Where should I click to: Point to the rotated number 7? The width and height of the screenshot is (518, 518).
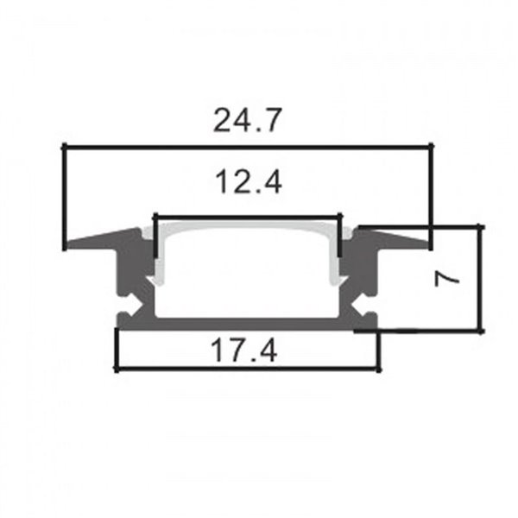pyautogui.click(x=445, y=279)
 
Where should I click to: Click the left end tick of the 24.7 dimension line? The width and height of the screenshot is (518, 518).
pyautogui.click(x=64, y=197)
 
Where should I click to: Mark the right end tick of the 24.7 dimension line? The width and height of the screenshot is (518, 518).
pyautogui.click(x=429, y=197)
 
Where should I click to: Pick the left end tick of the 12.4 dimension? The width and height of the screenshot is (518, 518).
pyautogui.click(x=154, y=234)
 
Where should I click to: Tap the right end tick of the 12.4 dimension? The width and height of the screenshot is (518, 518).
pyautogui.click(x=341, y=234)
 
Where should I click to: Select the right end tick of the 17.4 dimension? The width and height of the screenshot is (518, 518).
pyautogui.click(x=378, y=350)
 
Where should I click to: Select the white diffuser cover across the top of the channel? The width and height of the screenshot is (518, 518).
pyautogui.click(x=247, y=227)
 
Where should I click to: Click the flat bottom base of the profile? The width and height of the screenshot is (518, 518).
pyautogui.click(x=247, y=322)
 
